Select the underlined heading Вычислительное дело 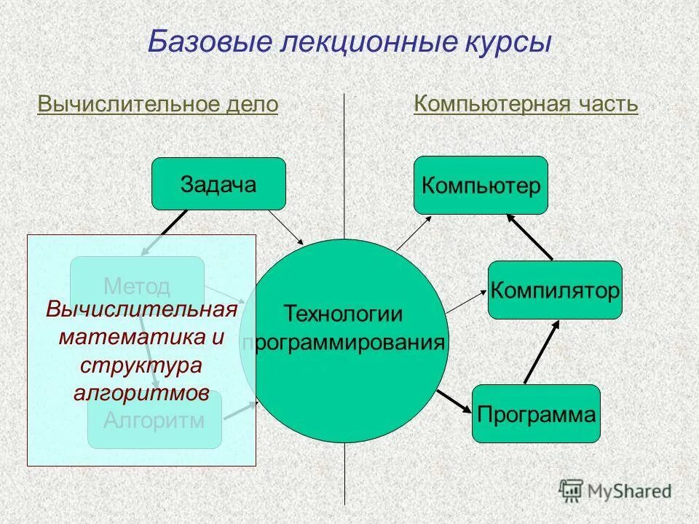point(157,105)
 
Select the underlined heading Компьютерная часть point(526,104)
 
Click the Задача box point(218,183)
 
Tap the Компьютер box point(481,185)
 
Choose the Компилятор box point(555,290)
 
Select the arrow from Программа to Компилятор point(542,352)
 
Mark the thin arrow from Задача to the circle point(286,226)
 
